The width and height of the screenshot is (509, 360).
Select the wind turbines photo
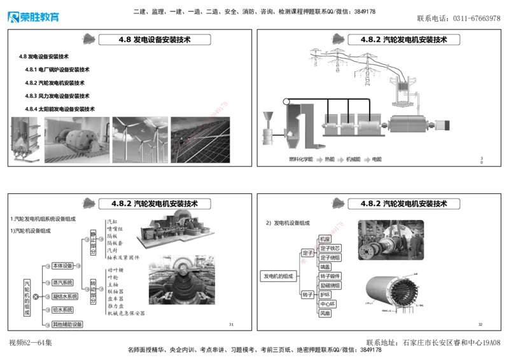coord(140,137)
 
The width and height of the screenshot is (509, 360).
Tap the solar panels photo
coord(201,137)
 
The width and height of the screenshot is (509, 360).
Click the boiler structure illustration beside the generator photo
coord(26,137)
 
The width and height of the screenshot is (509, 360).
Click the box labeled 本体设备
coord(62,265)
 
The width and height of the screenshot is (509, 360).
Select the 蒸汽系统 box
coord(62,282)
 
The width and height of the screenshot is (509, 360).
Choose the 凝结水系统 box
coord(64,296)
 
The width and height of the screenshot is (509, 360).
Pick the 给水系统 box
coord(62,310)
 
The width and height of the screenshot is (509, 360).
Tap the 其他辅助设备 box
coord(67,324)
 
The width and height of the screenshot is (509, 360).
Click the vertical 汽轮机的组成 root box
coord(26,296)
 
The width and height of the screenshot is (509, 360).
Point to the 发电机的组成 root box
coord(278,276)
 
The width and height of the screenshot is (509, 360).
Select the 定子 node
coord(307,253)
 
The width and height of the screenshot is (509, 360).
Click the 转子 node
coord(307,295)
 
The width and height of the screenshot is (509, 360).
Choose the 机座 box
coord(325,239)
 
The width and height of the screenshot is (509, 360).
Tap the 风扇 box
coord(325,314)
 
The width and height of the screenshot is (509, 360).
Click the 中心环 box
coord(327,305)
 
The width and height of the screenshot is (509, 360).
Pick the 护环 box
coord(325,295)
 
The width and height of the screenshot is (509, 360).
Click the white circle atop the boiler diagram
coord(286,102)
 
